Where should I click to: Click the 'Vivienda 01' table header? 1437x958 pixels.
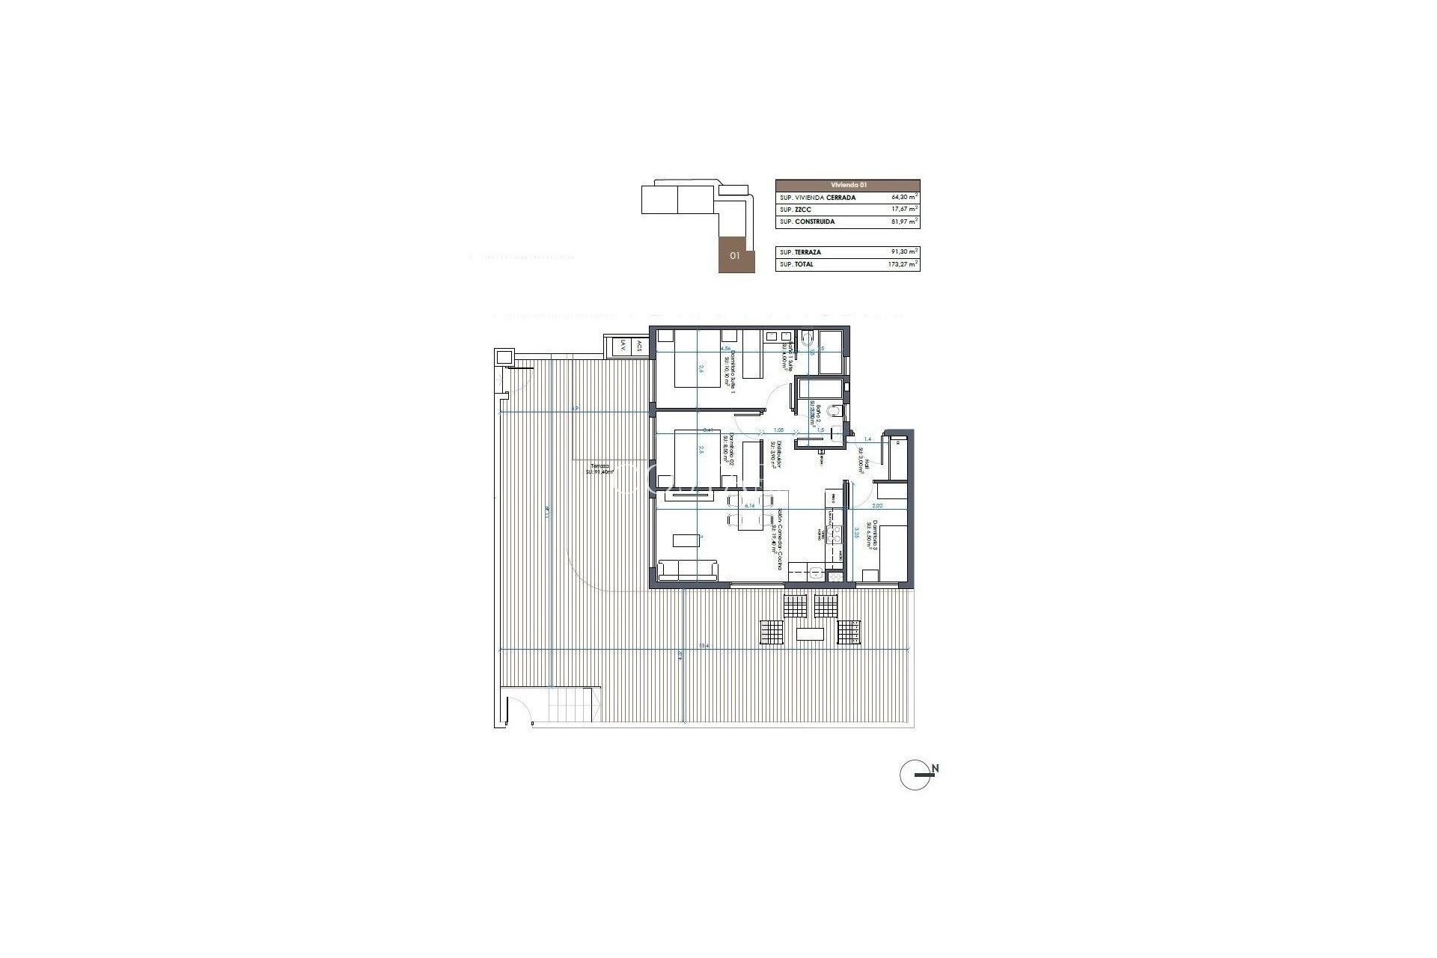[x=847, y=185]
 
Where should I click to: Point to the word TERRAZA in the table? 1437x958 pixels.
[x=808, y=252]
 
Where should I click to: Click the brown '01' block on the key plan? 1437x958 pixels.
[x=736, y=255]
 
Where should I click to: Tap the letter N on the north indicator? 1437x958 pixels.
[x=936, y=769]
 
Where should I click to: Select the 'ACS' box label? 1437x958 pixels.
[x=639, y=346]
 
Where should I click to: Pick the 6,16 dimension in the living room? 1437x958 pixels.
[x=749, y=505]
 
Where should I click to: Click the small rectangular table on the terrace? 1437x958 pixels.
[x=811, y=634]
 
